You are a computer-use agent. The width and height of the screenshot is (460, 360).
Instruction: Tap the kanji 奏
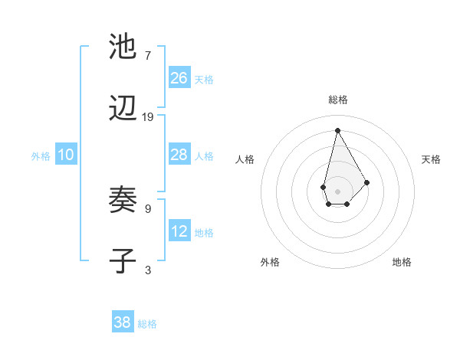click(123, 201)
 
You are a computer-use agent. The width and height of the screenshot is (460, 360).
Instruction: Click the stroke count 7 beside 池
click(147, 55)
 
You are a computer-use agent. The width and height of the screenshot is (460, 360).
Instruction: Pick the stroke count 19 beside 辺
click(148, 117)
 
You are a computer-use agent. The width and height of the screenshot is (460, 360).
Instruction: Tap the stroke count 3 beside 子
click(147, 270)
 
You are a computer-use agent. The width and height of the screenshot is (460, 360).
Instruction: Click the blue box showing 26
click(179, 78)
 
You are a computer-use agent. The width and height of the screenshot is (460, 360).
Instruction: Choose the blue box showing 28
click(179, 155)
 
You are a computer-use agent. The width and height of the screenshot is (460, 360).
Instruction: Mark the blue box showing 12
click(179, 231)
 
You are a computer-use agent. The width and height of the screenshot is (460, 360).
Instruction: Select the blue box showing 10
click(66, 155)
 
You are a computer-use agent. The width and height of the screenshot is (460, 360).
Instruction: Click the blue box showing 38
click(123, 322)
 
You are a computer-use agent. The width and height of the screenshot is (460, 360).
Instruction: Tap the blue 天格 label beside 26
click(204, 80)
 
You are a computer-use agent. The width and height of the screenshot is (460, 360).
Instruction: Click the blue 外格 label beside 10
click(41, 156)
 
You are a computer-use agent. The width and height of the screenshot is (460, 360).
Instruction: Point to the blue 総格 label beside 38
click(147, 324)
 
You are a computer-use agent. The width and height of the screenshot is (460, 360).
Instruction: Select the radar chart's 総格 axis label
click(337, 100)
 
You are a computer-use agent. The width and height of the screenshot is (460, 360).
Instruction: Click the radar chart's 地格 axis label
click(402, 262)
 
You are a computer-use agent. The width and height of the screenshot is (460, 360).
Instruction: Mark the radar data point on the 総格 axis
click(337, 129)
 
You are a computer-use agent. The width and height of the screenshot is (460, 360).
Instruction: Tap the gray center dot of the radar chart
click(337, 190)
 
